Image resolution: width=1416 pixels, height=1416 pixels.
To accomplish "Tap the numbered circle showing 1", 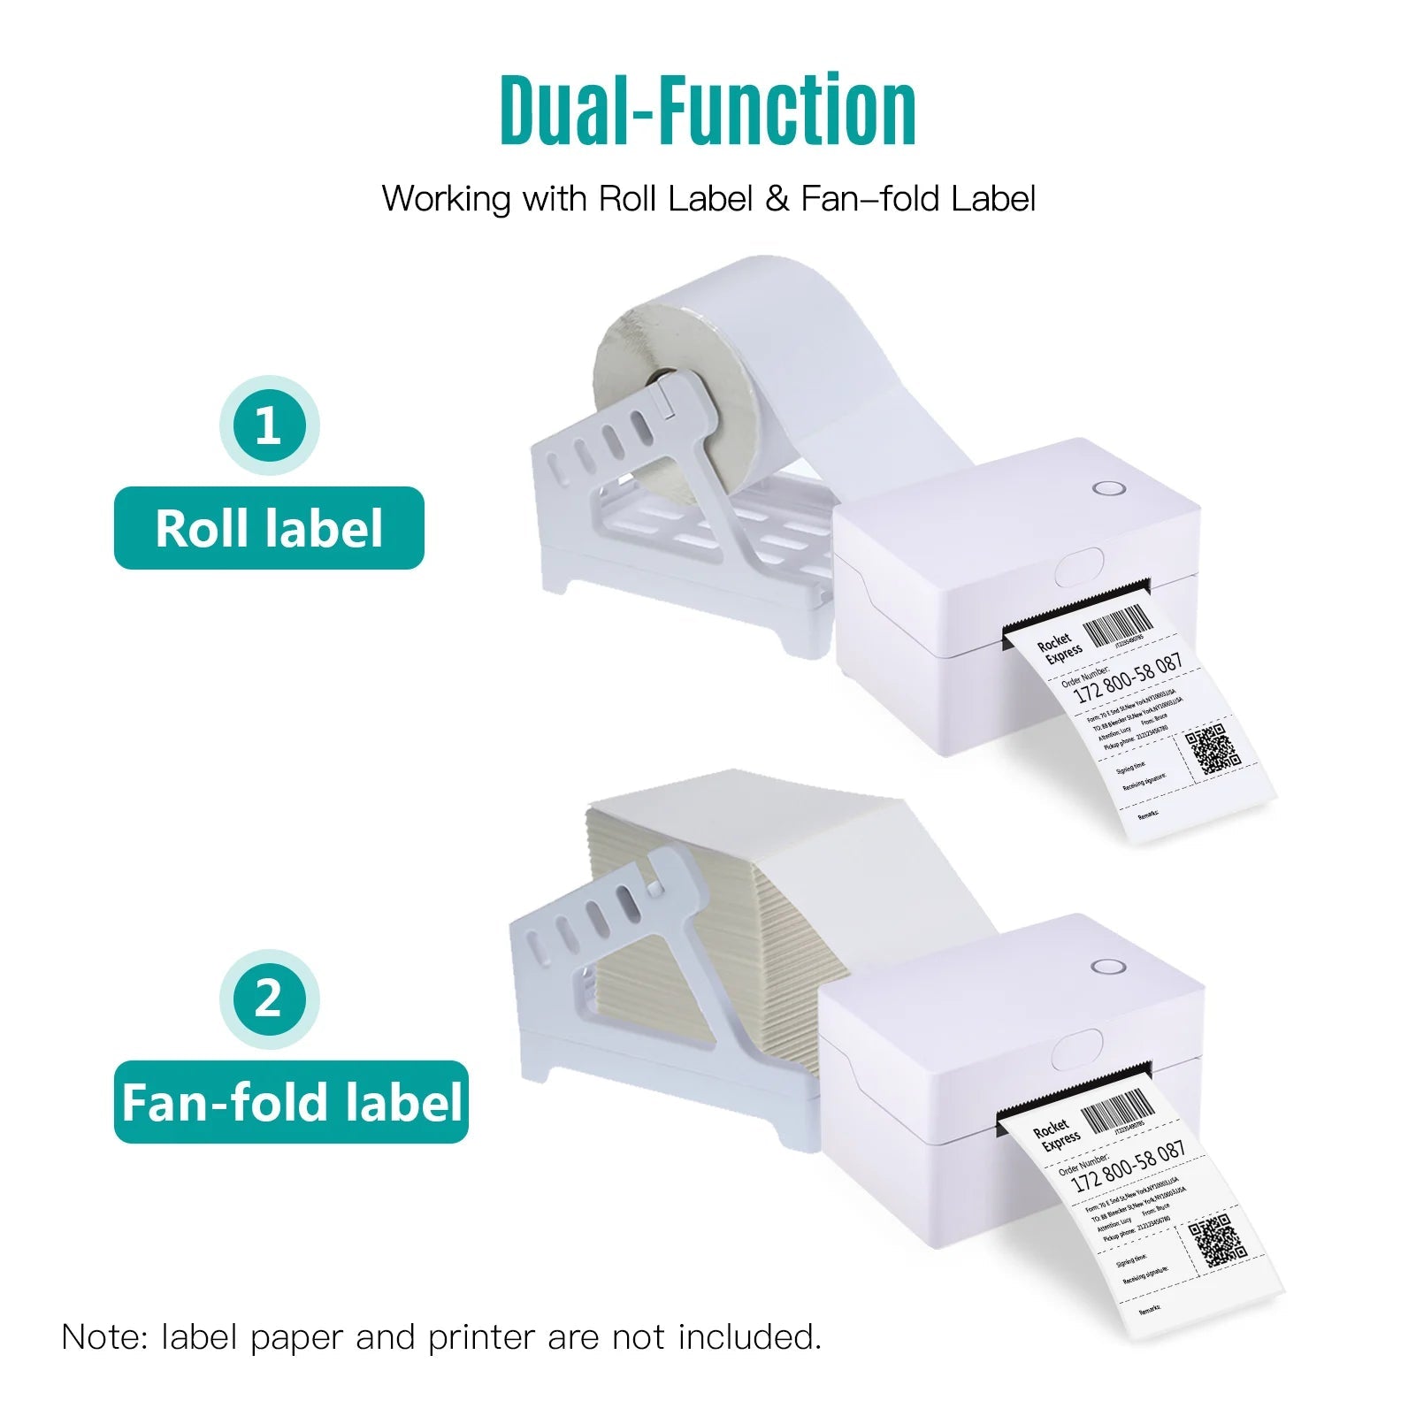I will coord(269,426).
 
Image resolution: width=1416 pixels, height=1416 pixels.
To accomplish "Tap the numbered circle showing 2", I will coord(269,999).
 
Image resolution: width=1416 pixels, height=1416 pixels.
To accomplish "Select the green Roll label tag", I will coord(269,528).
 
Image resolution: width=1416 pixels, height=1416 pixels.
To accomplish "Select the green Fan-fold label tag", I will coord(291,1102).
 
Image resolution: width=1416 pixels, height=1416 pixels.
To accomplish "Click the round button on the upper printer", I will coord(1106,488).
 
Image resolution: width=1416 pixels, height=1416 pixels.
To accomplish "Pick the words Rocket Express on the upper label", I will coord(1059,647).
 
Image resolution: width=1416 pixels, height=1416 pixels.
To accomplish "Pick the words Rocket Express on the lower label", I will coord(1054,1137).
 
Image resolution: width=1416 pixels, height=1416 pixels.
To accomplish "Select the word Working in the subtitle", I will coord(447,198).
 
